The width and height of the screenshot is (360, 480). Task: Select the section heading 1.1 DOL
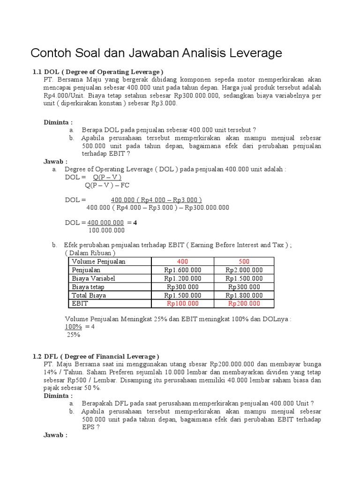pos(97,72)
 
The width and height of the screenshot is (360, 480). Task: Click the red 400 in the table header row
pos(182,262)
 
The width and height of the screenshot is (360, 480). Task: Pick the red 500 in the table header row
pos(244,262)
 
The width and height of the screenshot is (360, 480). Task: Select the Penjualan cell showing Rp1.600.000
pos(182,270)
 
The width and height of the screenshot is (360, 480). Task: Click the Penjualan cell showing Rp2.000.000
pos(244,270)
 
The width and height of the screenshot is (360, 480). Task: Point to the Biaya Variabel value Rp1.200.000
pos(182,278)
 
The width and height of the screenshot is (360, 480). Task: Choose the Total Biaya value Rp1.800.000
pos(244,295)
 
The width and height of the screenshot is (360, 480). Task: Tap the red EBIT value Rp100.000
pos(182,304)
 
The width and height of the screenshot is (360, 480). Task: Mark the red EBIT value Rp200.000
pos(244,304)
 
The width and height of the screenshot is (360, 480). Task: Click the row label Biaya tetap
pos(88,287)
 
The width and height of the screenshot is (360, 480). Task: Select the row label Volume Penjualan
pos(98,262)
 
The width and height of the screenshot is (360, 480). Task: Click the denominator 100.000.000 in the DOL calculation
pos(106,230)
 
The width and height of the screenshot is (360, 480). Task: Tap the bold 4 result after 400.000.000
pos(135,223)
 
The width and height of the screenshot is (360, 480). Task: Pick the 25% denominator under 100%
pos(74,335)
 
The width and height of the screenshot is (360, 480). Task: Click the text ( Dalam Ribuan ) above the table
pos(90,253)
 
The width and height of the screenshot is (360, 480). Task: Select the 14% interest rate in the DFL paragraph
pos(50,372)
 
